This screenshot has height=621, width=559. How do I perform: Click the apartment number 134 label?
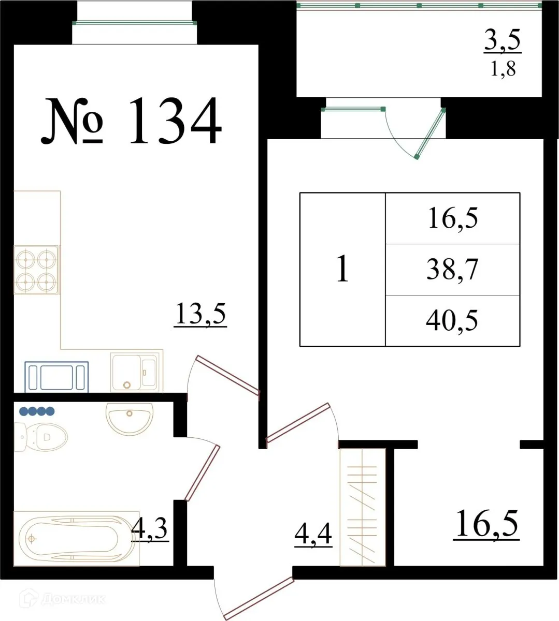pyautogui.click(x=132, y=122)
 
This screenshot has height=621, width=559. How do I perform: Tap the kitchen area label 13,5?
pyautogui.click(x=200, y=314)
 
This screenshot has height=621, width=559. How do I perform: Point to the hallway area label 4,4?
pyautogui.click(x=313, y=534)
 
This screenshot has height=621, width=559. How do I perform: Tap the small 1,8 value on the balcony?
pyautogui.click(x=503, y=69)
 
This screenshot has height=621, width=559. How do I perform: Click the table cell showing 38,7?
pyautogui.click(x=452, y=270)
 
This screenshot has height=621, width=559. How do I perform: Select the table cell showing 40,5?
pyautogui.click(x=452, y=321)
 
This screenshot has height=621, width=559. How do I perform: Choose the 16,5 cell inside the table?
pyautogui.click(x=452, y=218)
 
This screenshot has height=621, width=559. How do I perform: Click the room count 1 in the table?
pyautogui.click(x=342, y=269)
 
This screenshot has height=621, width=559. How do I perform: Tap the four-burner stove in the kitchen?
pyautogui.click(x=36, y=270)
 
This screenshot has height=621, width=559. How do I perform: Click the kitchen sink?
pyautogui.click(x=136, y=371)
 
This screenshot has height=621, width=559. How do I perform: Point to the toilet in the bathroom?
pyautogui.click(x=41, y=437)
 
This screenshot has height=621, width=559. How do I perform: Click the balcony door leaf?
pyautogui.click(x=431, y=133)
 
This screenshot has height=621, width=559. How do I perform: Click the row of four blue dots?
pyautogui.click(x=37, y=411)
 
